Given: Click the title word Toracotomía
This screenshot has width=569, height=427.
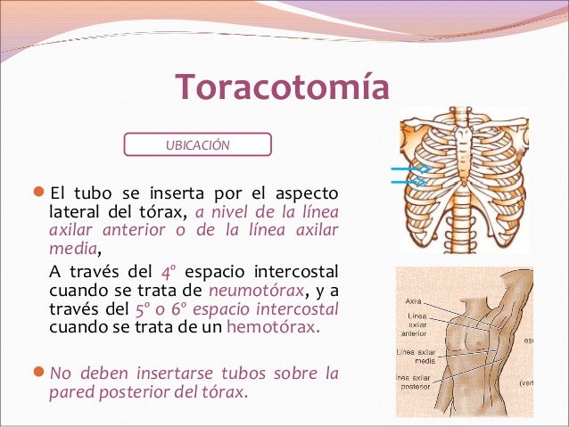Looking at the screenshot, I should [x=283, y=89].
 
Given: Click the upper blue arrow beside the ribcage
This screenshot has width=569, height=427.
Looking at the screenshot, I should [x=409, y=168].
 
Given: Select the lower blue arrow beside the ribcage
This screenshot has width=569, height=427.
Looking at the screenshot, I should [x=409, y=181].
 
